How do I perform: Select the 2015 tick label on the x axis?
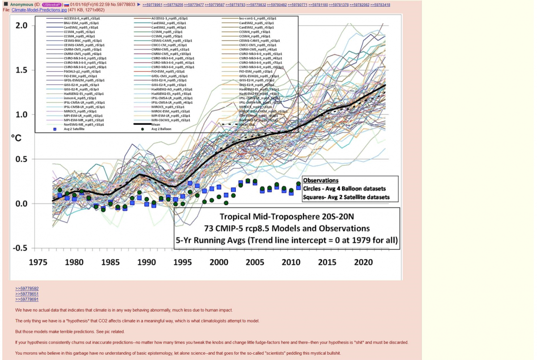click(327, 263)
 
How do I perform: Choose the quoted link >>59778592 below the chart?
click(27, 288)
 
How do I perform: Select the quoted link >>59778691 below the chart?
click(27, 299)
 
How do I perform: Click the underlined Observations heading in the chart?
click(320, 181)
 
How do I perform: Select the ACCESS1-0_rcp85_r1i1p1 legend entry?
click(84, 18)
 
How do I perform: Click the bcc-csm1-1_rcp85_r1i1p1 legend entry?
click(257, 18)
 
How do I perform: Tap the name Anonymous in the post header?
click(22, 4)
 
